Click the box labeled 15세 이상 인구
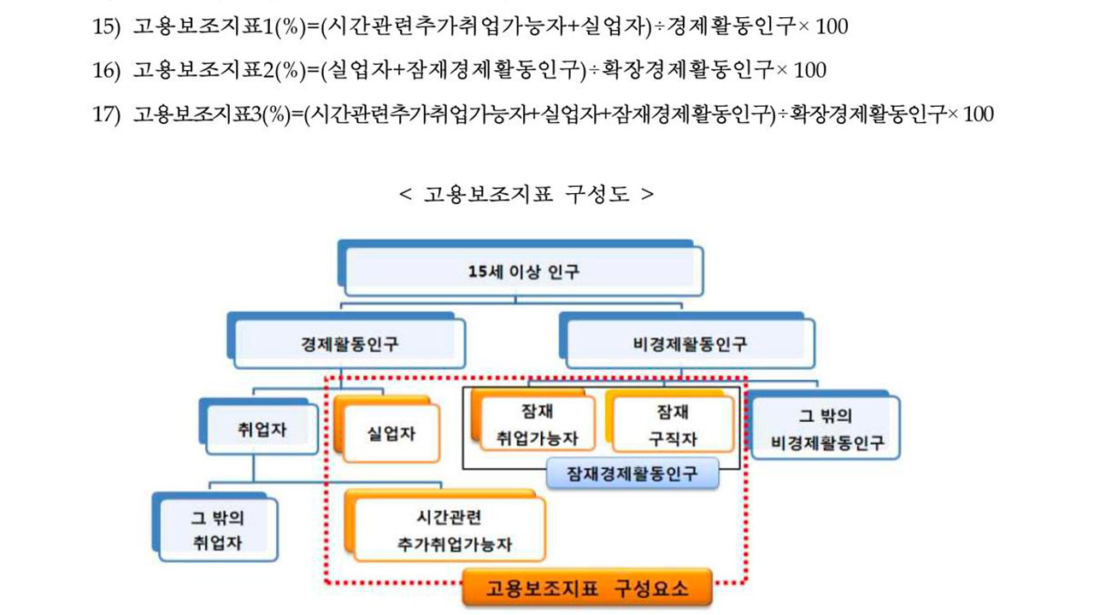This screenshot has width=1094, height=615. (x=524, y=272)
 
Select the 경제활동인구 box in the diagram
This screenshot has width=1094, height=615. (x=350, y=344)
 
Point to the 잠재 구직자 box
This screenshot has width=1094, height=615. (x=670, y=425)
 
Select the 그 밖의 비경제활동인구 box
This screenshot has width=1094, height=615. (x=826, y=430)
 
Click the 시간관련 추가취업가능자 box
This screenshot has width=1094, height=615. (x=449, y=530)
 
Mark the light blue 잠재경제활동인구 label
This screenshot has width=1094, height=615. (x=632, y=472)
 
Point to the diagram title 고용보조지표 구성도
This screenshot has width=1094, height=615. (x=526, y=193)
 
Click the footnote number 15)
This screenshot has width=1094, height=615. (x=108, y=26)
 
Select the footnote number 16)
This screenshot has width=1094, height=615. (x=108, y=70)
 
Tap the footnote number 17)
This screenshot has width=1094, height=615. (x=108, y=114)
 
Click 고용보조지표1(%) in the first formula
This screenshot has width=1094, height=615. (x=219, y=26)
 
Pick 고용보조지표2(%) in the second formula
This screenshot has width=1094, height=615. (x=219, y=70)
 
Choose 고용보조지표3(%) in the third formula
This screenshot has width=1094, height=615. (x=219, y=114)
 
